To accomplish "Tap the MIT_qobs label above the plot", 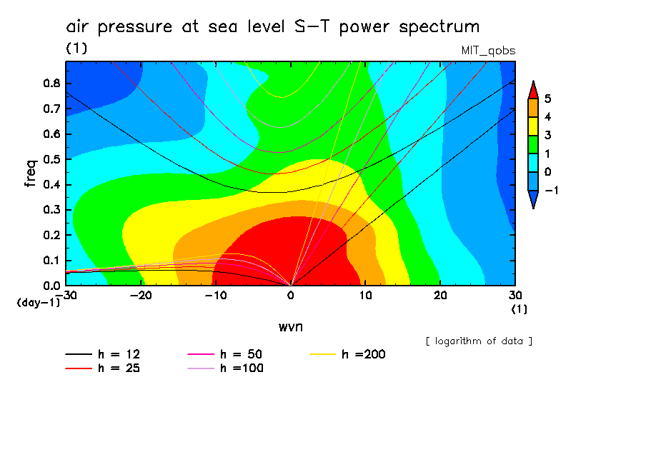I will click(489, 51).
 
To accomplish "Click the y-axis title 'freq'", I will click(30, 174).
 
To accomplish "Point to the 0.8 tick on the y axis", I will click(50, 83).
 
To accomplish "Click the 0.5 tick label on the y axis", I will click(50, 159).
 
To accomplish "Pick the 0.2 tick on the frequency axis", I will click(50, 235).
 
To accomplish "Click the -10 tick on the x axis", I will click(216, 295).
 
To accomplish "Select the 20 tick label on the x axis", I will click(441, 295).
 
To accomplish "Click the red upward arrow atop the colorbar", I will click(532, 89).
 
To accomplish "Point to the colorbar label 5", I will click(547, 99).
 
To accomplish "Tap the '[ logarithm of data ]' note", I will click(479, 341).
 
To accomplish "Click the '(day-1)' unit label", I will click(39, 303).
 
